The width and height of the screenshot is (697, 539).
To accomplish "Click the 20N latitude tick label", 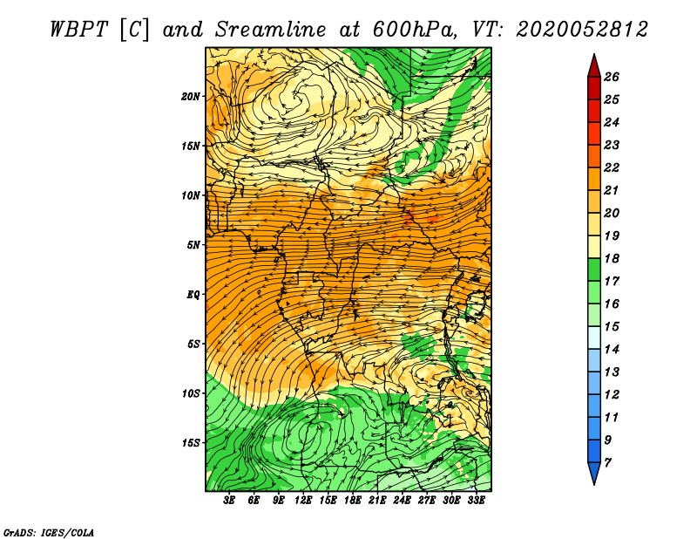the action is (190, 97).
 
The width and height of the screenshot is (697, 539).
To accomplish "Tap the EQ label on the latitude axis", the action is (193, 295).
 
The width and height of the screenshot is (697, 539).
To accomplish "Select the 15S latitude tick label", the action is (190, 443).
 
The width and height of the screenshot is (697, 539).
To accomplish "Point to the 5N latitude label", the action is (193, 245).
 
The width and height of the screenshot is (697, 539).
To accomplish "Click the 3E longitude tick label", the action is (229, 500).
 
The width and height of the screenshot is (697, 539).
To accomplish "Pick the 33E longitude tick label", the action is (476, 500).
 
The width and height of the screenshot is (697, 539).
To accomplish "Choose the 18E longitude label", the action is (353, 500).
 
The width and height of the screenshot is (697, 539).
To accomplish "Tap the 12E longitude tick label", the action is (303, 500).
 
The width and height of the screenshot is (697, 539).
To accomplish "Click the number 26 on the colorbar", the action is (612, 77).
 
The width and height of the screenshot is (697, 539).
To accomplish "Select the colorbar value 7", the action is (607, 463).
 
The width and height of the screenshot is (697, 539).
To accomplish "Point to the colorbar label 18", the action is (612, 258).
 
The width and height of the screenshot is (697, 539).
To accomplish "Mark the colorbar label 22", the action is (612, 167).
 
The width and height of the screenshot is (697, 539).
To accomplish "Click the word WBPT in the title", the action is (79, 30).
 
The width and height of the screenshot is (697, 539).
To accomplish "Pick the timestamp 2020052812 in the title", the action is (582, 30).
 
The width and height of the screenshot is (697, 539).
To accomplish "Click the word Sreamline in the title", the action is (271, 30).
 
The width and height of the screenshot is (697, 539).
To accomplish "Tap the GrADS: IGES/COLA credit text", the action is (49, 532).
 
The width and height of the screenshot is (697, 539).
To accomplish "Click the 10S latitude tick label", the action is (190, 393).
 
